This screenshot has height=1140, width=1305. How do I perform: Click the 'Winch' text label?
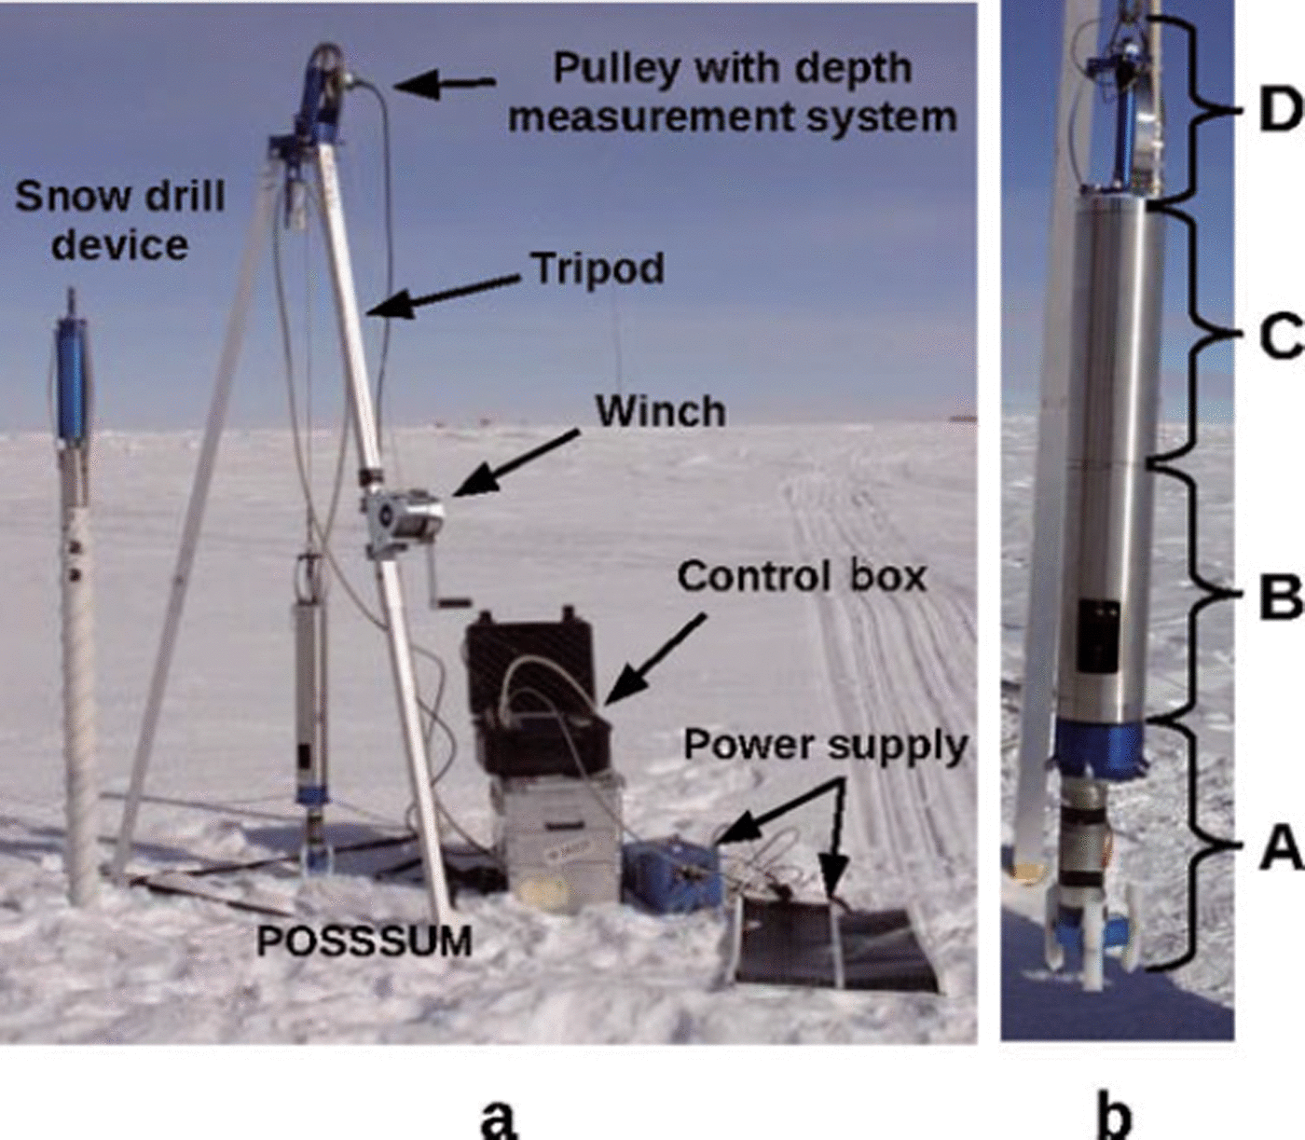tap(660, 411)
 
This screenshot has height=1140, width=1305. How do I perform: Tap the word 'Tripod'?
tap(598, 268)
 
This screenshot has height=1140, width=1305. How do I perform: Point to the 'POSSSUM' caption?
tap(364, 941)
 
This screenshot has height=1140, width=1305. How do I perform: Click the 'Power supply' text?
tap(826, 746)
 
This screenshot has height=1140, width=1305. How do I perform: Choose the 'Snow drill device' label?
tap(120, 221)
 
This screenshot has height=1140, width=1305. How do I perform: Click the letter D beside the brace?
tap(1279, 112)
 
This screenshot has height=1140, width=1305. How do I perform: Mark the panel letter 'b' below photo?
tap(1116, 1114)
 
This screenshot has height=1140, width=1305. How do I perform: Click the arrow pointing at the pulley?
tap(443, 85)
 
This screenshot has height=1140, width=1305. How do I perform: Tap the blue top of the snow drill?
tap(71, 378)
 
